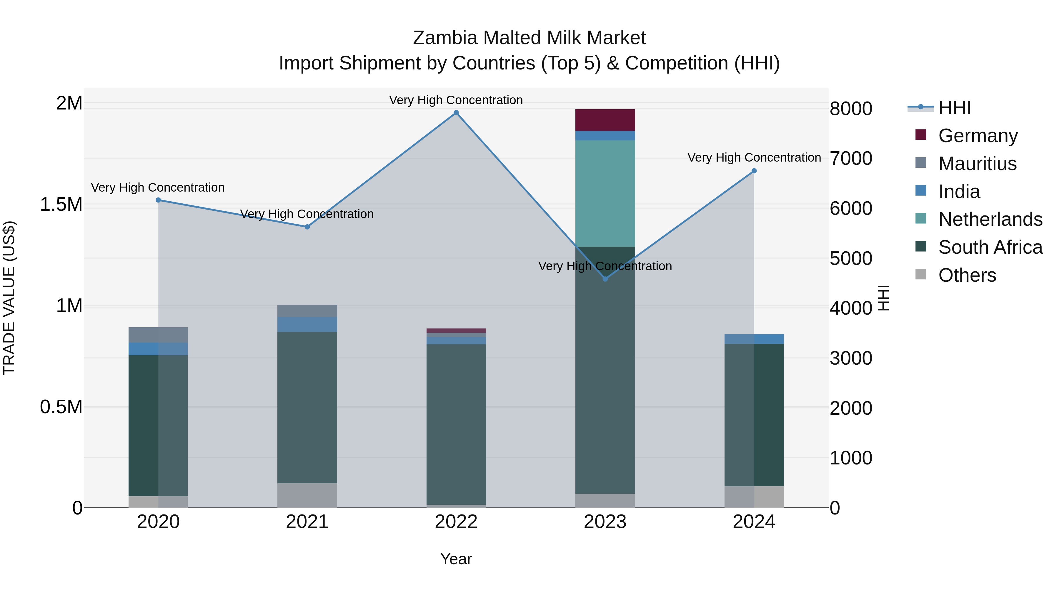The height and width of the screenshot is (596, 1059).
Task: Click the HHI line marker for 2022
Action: (456, 113)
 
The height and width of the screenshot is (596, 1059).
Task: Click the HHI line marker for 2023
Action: (605, 279)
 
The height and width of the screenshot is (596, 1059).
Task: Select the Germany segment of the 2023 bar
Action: (605, 120)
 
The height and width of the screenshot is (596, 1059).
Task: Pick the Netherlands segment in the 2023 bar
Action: (605, 193)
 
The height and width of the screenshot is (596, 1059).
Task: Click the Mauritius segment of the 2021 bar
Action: (307, 311)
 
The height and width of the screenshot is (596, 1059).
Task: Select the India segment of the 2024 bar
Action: (754, 339)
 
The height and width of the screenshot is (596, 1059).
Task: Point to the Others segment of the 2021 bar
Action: (307, 495)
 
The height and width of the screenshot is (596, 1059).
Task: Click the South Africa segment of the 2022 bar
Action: (456, 424)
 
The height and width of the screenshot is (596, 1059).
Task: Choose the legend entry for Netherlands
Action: (990, 219)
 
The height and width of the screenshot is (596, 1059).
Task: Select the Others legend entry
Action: (967, 275)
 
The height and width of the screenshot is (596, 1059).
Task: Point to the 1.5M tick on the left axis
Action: (61, 205)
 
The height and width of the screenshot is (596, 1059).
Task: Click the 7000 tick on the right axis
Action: (850, 158)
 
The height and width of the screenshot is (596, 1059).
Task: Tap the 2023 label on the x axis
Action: (605, 522)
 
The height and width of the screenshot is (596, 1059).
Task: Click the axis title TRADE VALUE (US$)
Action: (9, 298)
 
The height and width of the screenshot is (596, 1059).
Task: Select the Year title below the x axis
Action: (456, 559)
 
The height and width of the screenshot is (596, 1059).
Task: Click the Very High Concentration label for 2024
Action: (754, 157)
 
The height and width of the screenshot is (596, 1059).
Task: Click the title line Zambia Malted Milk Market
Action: (529, 38)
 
